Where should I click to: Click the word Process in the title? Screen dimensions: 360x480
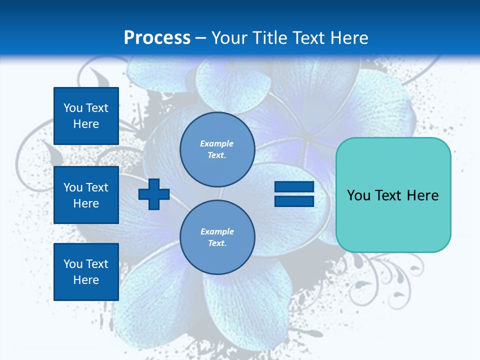tap(157, 37)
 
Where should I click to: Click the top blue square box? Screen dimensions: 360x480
tap(86, 116)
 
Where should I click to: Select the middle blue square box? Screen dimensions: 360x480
tap(86, 195)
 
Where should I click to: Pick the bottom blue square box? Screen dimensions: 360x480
tap(86, 272)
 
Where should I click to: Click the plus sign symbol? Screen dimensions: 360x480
tap(154, 194)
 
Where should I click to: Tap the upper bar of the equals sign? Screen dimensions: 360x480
tap(294, 186)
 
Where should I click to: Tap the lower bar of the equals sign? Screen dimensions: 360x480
tap(294, 201)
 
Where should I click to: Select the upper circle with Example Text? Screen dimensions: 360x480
tap(217, 149)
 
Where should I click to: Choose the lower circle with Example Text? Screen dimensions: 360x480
tap(217, 237)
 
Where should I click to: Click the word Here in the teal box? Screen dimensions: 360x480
tap(422, 195)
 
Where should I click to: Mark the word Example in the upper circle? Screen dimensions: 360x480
tap(217, 143)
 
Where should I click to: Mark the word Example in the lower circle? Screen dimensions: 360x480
tap(217, 231)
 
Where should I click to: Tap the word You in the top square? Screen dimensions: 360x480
tap(73, 108)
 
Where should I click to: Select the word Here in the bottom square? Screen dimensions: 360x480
tap(86, 280)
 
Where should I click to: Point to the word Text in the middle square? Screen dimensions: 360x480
tap(97, 187)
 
